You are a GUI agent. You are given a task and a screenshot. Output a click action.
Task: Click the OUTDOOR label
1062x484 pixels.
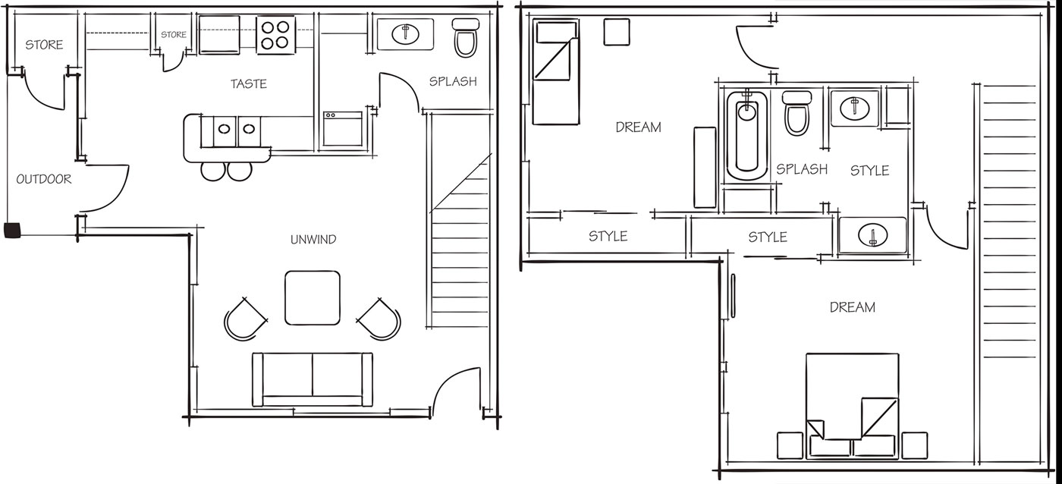coord(44,179)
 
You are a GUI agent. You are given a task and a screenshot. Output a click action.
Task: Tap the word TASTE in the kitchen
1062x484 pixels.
coord(249,84)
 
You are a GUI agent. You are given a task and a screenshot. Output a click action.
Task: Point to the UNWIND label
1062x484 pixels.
coord(313,240)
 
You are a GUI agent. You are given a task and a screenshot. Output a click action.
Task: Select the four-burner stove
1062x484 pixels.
coord(275,35)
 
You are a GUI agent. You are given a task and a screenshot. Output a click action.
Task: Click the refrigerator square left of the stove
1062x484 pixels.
coord(219,35)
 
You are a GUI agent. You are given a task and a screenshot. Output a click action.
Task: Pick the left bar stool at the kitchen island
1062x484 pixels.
coord(213,171)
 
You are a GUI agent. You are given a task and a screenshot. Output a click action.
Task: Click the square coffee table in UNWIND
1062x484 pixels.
coord(313,297)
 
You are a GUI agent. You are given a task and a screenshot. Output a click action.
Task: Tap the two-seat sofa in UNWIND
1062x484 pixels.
coord(313,379)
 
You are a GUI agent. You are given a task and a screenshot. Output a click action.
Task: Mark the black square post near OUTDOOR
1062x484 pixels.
coord(13,231)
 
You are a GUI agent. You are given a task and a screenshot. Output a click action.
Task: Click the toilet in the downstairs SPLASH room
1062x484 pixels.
coord(465,38)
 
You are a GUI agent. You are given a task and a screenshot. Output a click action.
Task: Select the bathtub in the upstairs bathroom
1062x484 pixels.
coord(746,136)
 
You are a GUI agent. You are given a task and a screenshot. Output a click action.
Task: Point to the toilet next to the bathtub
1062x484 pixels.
coord(796,113)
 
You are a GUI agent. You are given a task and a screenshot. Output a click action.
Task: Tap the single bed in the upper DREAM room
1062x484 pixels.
coord(555,71)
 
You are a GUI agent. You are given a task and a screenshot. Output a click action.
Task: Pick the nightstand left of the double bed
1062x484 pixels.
coord(790,445)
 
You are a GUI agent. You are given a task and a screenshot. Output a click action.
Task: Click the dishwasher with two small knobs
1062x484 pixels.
coord(343,128)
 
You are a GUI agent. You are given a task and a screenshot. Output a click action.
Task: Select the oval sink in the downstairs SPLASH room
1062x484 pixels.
coord(405,33)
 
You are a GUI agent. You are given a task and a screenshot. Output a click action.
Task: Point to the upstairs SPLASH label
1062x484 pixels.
coord(802,169)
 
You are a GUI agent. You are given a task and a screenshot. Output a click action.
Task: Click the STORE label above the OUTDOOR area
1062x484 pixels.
coord(44,45)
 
